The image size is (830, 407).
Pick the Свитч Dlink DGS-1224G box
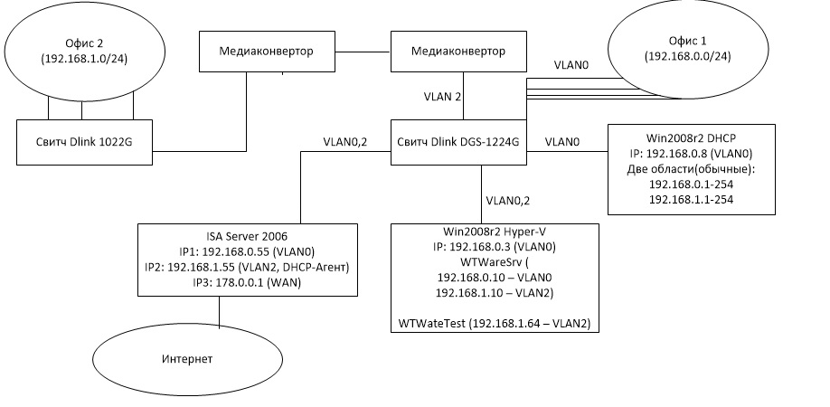tap(459, 143)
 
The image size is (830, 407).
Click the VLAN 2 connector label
tap(444, 96)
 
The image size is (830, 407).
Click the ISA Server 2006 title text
tap(219, 233)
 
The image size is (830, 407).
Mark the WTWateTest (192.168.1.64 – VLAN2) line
tap(494, 323)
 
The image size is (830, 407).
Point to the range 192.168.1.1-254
tap(691, 199)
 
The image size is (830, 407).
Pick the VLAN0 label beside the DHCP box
tap(562, 142)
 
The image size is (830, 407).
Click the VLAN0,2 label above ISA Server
tap(346, 141)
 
